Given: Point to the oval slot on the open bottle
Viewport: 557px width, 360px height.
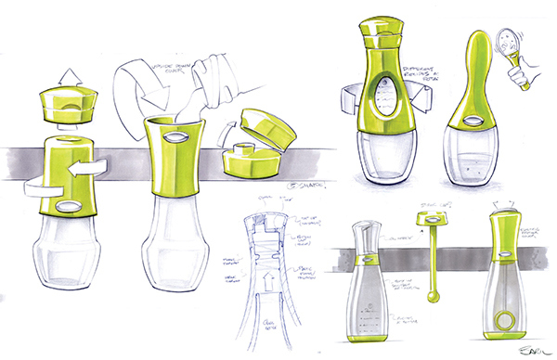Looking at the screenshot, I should [x=175, y=136].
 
